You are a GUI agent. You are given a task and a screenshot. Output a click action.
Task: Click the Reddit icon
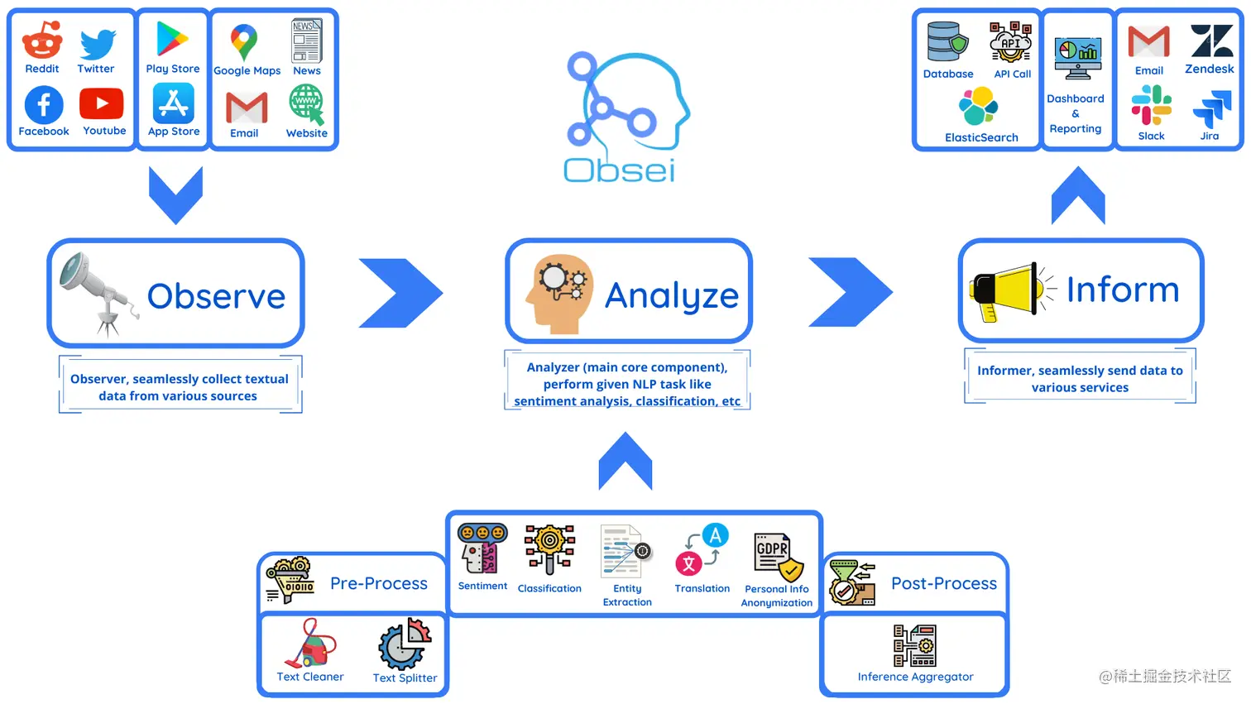tap(42, 39)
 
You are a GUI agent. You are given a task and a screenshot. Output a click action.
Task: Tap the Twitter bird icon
tap(98, 43)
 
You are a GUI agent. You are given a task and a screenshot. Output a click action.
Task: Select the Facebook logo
tap(44, 105)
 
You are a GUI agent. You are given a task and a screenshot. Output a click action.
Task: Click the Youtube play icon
tap(102, 104)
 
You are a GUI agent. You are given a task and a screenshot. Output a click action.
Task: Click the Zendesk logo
tap(1211, 41)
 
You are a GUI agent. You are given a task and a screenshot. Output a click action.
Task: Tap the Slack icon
tap(1151, 105)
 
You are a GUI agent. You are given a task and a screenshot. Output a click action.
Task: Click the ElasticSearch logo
tap(979, 107)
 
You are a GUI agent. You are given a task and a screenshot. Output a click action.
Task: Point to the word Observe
tap(216, 296)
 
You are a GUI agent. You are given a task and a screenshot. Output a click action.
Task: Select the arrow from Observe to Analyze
tap(401, 293)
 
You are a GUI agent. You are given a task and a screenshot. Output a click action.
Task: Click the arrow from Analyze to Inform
tap(851, 292)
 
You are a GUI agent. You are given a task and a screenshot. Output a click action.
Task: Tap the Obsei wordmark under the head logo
tap(619, 170)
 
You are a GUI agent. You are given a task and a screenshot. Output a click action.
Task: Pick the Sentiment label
tap(482, 586)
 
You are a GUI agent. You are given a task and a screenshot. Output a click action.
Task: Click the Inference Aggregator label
tap(915, 677)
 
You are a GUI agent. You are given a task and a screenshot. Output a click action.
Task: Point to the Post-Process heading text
tap(944, 583)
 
